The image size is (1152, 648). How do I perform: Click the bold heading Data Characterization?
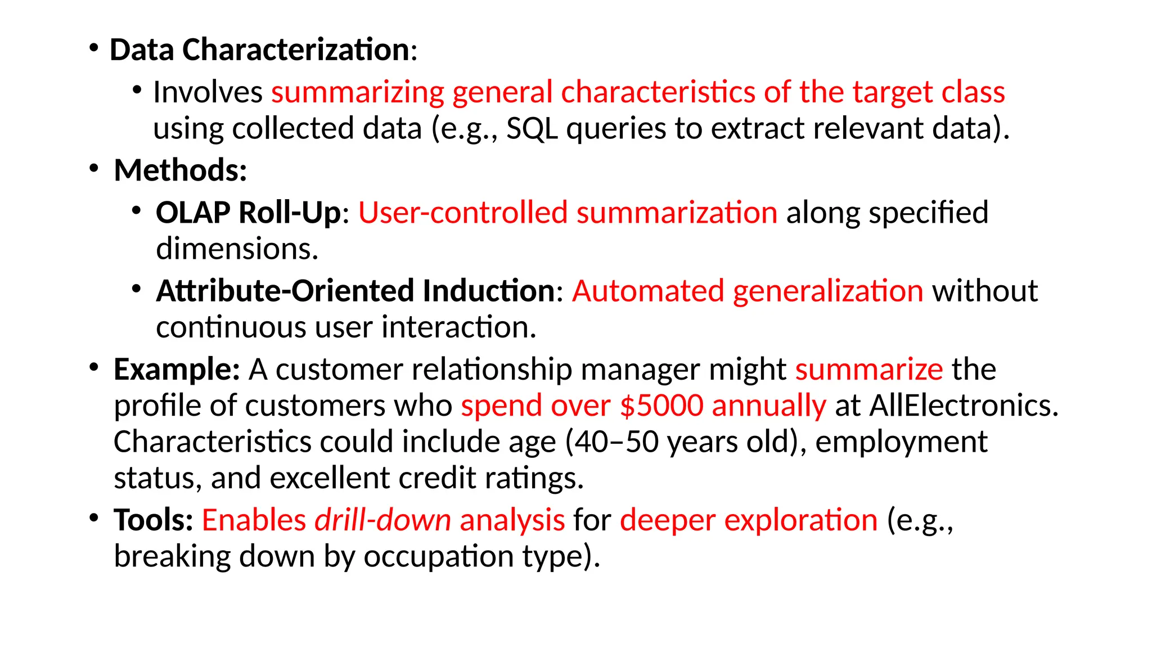click(x=259, y=49)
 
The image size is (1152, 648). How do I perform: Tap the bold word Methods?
click(x=180, y=170)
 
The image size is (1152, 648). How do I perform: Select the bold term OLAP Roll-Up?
click(x=248, y=213)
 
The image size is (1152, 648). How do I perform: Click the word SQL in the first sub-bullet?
click(x=532, y=128)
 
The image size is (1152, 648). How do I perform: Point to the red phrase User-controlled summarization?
click(x=568, y=213)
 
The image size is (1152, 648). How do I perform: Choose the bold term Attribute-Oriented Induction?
click(x=355, y=291)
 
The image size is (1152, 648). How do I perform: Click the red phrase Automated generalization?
click(x=748, y=291)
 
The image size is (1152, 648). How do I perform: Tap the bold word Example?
click(x=176, y=369)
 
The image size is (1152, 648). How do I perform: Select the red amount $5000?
click(x=661, y=406)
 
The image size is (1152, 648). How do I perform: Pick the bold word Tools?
click(x=152, y=520)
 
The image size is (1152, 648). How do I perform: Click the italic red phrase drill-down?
click(x=382, y=520)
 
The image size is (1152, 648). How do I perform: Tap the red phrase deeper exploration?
click(x=748, y=520)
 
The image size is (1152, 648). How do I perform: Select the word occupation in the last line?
click(x=438, y=556)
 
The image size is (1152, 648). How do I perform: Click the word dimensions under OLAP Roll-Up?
click(x=236, y=249)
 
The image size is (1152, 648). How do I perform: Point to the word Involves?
click(x=208, y=92)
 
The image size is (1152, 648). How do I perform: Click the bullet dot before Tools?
click(x=94, y=517)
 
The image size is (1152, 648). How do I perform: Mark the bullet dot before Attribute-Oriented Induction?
click(x=136, y=289)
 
